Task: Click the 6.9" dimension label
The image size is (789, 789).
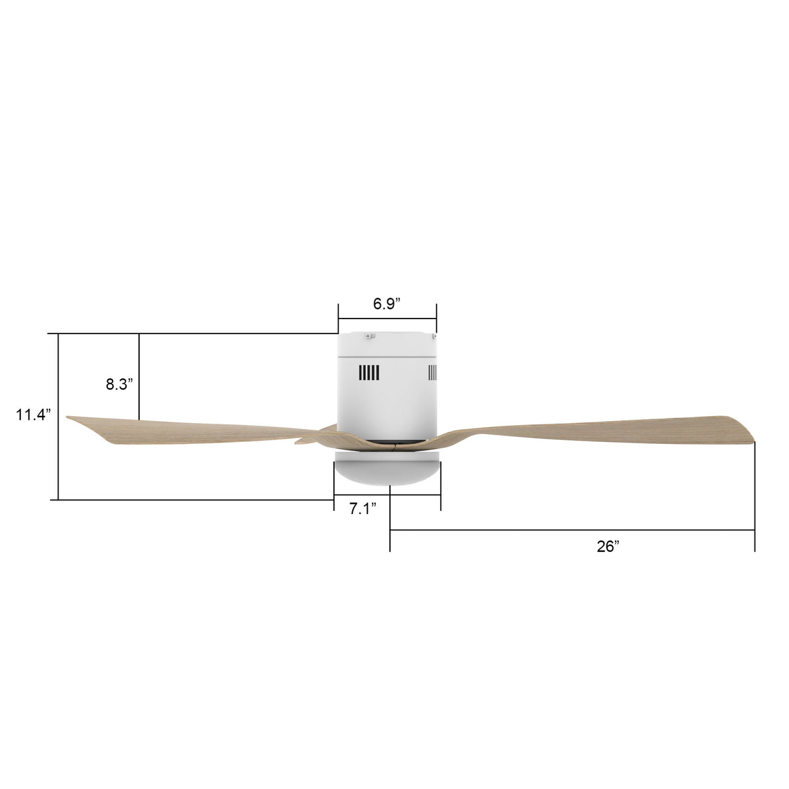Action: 387,304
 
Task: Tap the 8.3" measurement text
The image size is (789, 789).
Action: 120,384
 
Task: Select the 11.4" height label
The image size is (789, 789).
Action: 33,415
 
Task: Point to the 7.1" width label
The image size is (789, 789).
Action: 363,509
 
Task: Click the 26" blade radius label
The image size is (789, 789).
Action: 608,547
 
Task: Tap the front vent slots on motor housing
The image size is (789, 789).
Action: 369,373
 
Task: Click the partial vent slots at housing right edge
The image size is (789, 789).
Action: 432,372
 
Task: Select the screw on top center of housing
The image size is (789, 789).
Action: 370,336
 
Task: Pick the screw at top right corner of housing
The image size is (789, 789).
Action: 432,336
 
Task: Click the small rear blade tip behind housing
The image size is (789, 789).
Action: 302,441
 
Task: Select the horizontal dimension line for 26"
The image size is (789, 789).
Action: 572,531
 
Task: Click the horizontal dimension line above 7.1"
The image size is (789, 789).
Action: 387,495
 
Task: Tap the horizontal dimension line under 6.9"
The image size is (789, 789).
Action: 387,318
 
